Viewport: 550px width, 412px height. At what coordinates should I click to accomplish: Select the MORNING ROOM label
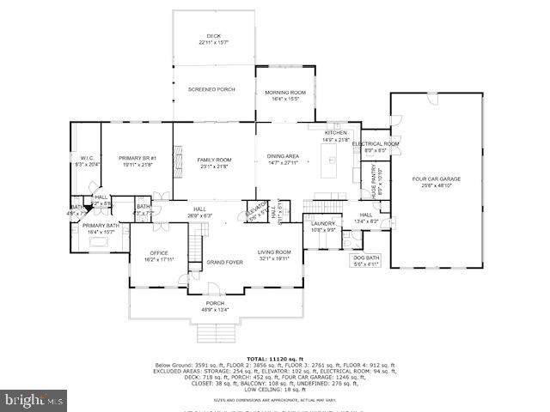click(x=284, y=95)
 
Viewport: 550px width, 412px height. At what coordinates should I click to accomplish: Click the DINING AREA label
click(x=284, y=159)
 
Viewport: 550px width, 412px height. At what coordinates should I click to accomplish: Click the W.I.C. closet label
click(x=87, y=161)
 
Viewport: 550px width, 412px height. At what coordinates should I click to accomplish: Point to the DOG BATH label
click(x=365, y=260)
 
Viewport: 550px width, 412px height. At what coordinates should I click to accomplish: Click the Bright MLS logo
click(x=34, y=400)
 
